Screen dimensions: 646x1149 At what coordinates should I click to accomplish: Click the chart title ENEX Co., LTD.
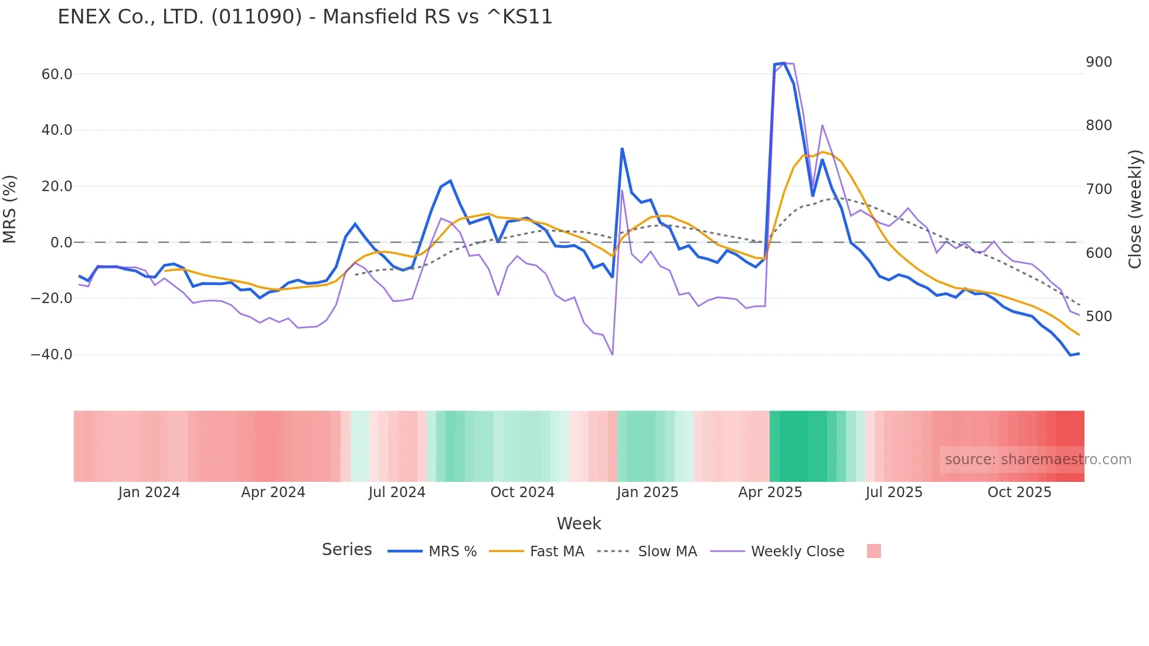(305, 17)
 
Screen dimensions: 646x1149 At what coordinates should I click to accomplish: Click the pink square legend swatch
(873, 551)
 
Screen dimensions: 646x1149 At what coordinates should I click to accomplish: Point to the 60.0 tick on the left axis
(57, 74)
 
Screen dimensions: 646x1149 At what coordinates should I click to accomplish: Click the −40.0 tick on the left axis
(52, 355)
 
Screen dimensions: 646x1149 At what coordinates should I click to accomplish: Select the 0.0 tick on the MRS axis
(62, 243)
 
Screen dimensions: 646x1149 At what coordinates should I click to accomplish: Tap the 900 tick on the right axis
(1099, 62)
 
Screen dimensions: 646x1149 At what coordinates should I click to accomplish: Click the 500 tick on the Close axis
(1099, 317)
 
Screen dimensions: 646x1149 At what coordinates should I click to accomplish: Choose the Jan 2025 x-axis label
(647, 492)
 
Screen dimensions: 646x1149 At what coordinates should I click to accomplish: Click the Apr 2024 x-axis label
(273, 492)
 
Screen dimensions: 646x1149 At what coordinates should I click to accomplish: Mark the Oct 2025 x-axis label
(1019, 492)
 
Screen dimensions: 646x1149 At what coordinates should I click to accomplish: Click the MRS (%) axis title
(10, 209)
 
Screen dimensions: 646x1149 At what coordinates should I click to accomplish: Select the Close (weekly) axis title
(1135, 209)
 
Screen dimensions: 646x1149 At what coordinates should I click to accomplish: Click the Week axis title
(579, 523)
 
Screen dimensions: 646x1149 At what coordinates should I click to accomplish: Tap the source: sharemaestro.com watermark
(1038, 460)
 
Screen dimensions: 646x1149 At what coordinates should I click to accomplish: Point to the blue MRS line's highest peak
(784, 63)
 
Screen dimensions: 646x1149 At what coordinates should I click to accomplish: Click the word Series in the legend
(346, 550)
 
